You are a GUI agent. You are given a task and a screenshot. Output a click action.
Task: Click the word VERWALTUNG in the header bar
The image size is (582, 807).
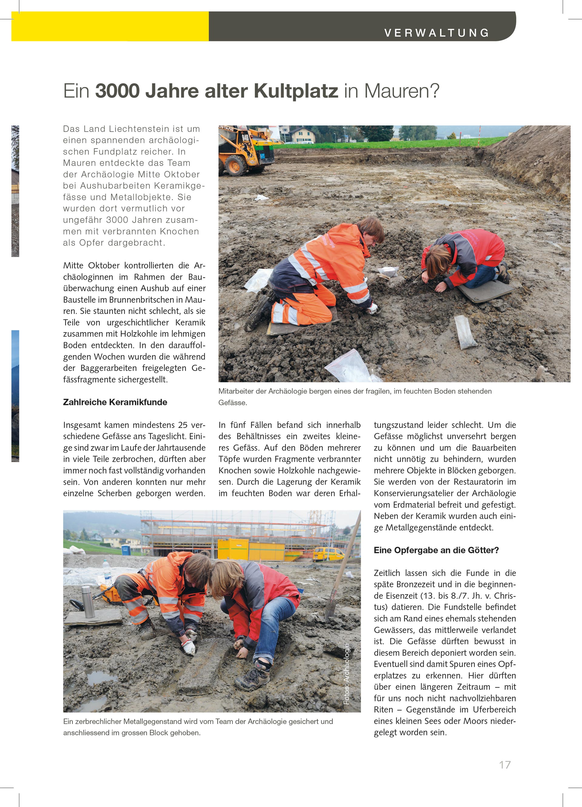437,33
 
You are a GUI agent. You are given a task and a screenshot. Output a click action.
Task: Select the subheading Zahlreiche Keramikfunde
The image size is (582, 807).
115,402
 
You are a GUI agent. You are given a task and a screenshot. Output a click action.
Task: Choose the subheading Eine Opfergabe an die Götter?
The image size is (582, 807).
436,550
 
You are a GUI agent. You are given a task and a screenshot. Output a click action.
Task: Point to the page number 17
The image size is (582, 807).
505,765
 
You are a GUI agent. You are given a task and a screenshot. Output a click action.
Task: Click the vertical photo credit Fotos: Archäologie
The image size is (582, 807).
346,674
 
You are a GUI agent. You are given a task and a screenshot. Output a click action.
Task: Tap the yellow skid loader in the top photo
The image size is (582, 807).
246,151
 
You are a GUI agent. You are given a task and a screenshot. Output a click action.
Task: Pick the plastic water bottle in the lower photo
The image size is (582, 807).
107,572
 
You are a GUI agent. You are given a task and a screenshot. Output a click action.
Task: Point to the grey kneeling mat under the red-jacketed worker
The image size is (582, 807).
486,291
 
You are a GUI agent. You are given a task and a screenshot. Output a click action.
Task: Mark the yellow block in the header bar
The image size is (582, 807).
110,26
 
